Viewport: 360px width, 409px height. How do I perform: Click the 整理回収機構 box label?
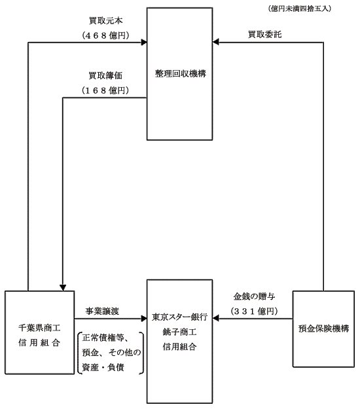pos(181,73)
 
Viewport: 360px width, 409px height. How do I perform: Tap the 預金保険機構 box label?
pos(324,329)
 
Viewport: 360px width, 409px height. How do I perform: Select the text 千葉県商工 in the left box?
pos(39,328)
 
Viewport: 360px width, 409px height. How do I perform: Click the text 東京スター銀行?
pos(180,317)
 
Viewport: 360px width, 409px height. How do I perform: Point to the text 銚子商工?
pos(179,332)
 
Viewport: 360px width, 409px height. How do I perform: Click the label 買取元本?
pos(105,20)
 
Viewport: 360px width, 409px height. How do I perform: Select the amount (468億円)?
pos(105,35)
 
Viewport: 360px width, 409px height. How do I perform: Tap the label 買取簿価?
pos(105,76)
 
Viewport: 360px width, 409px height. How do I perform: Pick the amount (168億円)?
pos(105,90)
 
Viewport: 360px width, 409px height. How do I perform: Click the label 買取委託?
pos(265,34)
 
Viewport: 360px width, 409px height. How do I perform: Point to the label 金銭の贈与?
pos(254,296)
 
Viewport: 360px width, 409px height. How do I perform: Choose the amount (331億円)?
pos(254,311)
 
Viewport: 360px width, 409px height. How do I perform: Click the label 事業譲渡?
pos(102,311)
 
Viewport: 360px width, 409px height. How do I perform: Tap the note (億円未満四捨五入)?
pos(300,9)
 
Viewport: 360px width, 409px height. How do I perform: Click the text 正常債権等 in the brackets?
pos(103,338)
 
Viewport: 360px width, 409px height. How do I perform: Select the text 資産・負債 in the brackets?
pos(103,367)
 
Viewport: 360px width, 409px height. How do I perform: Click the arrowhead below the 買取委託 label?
pos(215,42)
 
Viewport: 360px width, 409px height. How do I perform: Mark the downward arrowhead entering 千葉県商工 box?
pos(63,288)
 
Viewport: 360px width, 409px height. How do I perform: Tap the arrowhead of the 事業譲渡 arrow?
pos(144,319)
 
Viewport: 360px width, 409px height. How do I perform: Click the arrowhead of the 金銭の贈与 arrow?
pos(215,318)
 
